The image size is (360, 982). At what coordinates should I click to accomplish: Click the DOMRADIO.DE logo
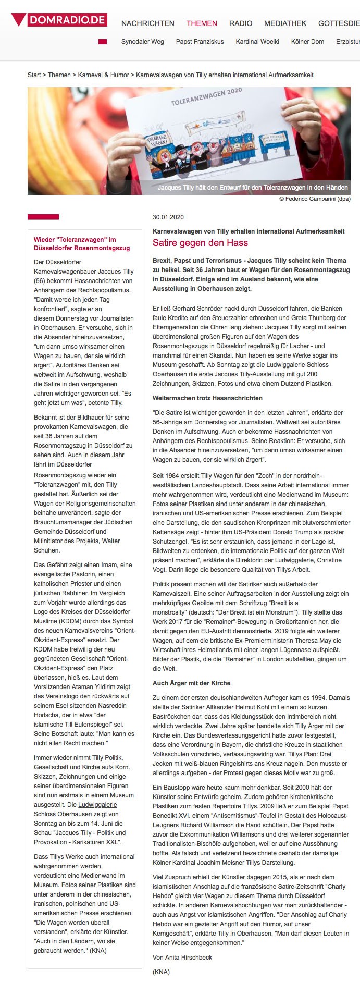[59, 20]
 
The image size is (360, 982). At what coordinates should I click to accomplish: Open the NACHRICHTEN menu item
[147, 23]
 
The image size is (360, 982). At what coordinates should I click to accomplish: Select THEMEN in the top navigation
[202, 23]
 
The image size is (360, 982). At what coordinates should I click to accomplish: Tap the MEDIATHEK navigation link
[285, 23]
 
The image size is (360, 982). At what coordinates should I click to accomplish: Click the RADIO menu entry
[241, 23]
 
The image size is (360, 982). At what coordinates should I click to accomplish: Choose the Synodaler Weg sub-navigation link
[142, 42]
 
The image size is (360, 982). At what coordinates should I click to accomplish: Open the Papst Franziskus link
[200, 42]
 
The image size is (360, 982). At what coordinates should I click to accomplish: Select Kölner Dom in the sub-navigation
[307, 42]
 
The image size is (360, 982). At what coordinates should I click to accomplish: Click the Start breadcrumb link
[34, 75]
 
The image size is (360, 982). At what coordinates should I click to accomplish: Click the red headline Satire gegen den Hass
[200, 243]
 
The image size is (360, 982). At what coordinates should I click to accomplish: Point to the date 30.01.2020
[168, 217]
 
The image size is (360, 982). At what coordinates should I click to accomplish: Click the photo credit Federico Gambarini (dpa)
[315, 199]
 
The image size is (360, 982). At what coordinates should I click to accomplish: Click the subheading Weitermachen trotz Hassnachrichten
[207, 398]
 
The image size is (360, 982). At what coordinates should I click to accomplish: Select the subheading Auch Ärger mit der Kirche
[191, 683]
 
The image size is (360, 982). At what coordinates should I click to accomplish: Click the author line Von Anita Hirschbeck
[182, 957]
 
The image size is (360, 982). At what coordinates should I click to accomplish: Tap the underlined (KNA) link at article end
[161, 972]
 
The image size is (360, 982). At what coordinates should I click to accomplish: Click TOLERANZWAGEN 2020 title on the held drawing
[207, 97]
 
